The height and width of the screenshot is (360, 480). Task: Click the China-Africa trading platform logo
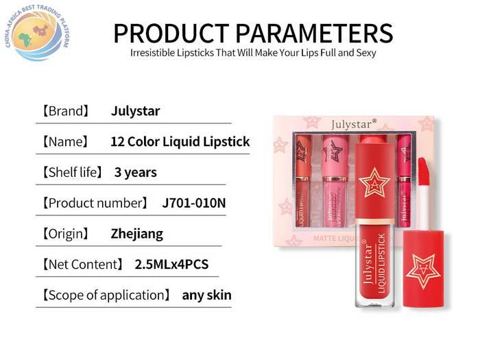[37, 32]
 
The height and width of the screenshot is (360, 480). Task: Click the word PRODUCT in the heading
[171, 33]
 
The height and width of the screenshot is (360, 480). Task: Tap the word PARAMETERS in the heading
[314, 33]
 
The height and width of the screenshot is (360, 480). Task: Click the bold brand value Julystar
[135, 111]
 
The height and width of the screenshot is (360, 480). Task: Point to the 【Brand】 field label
[66, 111]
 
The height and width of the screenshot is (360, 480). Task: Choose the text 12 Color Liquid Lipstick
[180, 142]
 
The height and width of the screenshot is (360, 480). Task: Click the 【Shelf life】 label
[72, 172]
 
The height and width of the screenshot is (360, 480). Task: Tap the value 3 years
[135, 173]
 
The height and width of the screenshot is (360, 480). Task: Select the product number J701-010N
[194, 203]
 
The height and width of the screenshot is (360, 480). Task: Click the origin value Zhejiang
[137, 235]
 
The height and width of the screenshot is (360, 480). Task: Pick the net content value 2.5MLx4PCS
[171, 265]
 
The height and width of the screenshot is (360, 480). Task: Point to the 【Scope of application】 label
[106, 295]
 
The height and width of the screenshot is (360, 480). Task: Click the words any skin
[206, 296]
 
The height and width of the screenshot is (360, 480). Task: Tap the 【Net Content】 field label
[83, 265]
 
